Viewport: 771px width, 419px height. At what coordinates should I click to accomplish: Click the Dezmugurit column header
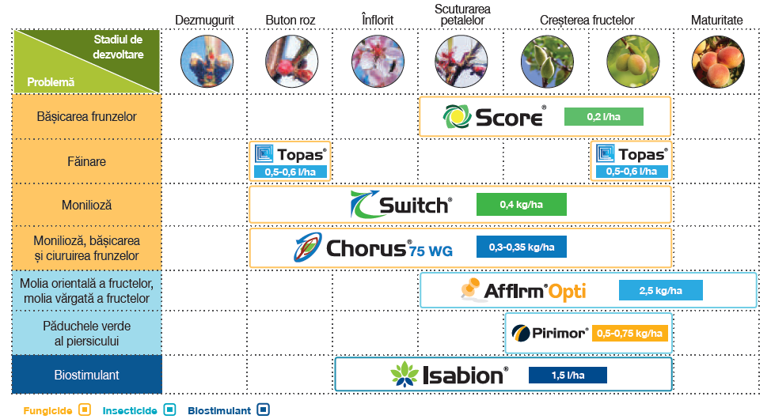click(x=204, y=19)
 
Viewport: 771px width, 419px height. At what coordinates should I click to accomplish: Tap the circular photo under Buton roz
click(x=290, y=61)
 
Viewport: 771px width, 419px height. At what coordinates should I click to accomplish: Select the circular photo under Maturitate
click(x=716, y=61)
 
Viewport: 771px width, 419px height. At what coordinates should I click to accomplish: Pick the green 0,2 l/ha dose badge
click(x=603, y=117)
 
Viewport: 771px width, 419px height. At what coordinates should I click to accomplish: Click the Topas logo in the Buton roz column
click(x=290, y=154)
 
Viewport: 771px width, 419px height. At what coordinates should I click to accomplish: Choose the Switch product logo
click(x=401, y=205)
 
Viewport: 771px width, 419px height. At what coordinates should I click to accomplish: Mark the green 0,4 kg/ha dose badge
click(x=521, y=205)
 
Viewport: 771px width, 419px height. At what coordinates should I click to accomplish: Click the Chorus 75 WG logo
click(x=372, y=248)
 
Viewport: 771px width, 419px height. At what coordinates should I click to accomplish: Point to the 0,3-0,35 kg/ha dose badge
click(x=521, y=248)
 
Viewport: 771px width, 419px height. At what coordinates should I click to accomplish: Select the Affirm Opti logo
click(x=523, y=291)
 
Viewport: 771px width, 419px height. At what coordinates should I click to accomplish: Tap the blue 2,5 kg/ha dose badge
click(x=660, y=291)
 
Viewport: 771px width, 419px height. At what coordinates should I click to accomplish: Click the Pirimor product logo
click(x=549, y=333)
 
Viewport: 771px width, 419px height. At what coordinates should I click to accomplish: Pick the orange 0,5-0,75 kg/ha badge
click(x=629, y=334)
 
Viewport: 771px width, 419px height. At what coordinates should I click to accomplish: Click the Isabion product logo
click(x=449, y=375)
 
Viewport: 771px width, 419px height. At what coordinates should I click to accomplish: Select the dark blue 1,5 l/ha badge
click(x=568, y=375)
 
